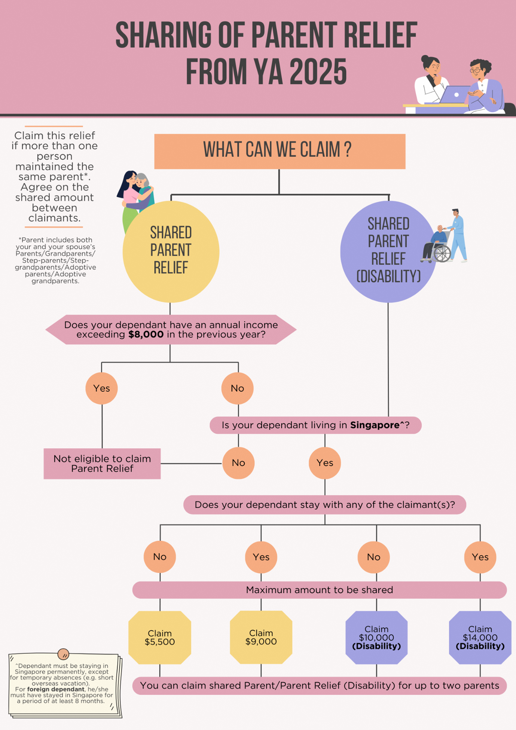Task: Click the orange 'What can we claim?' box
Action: point(280,151)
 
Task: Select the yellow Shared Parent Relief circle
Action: point(171,251)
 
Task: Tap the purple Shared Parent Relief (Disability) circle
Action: point(388,251)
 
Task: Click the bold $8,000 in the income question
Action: point(146,335)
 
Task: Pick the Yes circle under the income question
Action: point(101,388)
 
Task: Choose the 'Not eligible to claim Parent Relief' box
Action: point(102,464)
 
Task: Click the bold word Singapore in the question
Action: point(375,425)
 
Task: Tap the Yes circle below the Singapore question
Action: point(324,463)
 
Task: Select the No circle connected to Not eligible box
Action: point(238,463)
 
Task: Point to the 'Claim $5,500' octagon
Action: point(160,638)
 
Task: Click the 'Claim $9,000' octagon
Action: point(261,637)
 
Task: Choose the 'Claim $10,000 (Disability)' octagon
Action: point(376,638)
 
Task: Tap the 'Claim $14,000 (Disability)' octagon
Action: point(480,638)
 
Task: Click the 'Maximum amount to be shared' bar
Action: point(319,590)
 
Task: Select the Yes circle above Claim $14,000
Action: point(480,557)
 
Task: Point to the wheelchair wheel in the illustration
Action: point(442,253)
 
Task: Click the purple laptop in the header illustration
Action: point(455,95)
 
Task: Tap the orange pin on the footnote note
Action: point(63,654)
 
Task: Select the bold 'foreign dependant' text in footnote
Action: point(56,689)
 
